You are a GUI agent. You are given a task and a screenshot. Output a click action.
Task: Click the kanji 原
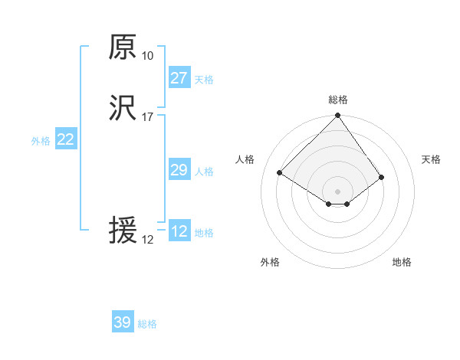pos(123,47)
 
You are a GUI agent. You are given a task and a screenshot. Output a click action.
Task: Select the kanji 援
pos(123,231)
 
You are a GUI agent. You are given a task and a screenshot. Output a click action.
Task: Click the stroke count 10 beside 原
pos(147,55)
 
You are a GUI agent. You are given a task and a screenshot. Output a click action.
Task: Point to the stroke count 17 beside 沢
pos(147,116)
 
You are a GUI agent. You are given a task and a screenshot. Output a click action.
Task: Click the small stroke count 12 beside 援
pos(147,239)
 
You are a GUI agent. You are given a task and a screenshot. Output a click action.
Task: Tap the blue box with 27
pos(179,78)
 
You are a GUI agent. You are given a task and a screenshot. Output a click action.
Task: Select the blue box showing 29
pos(179,170)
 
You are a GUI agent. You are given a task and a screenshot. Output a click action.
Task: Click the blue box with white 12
pos(179,231)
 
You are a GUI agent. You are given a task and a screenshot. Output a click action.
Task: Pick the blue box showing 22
pos(65,139)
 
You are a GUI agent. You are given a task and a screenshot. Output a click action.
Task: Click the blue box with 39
pos(122,322)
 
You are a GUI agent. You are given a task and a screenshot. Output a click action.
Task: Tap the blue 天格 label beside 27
pos(204,80)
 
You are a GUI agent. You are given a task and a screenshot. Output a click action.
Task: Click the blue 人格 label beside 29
pos(204,172)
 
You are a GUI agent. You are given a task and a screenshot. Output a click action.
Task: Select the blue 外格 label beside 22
pos(41,141)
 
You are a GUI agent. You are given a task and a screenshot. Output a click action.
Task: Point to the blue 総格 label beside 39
pos(147,324)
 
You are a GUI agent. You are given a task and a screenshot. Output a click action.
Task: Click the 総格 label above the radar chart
pos(338,100)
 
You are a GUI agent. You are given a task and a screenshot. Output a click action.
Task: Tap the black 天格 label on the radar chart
pos(431,159)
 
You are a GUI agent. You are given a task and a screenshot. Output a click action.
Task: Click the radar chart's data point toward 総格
pos(338,116)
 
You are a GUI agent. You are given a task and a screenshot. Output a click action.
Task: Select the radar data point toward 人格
pos(280,172)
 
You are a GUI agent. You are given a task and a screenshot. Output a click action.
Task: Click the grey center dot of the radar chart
pos(338,191)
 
